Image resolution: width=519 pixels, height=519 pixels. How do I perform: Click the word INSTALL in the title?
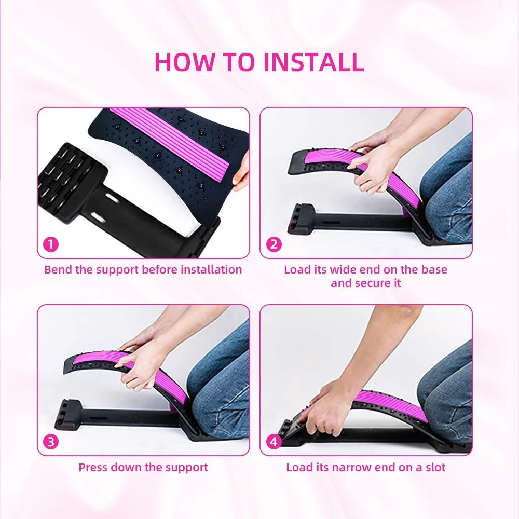click(x=313, y=62)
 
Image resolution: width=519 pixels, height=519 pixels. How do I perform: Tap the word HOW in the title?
click(x=184, y=62)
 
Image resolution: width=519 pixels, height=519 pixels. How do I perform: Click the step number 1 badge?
click(x=50, y=244)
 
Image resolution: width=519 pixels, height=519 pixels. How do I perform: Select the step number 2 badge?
click(x=274, y=244)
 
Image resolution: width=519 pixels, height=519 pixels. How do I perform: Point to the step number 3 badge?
click(x=50, y=442)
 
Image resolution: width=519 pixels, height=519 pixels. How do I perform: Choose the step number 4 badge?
click(x=274, y=442)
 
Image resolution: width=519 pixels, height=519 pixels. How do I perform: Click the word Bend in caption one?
click(x=57, y=270)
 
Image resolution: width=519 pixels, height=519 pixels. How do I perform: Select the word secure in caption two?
click(x=373, y=283)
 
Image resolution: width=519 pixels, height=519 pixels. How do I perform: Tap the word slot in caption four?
click(x=434, y=467)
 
